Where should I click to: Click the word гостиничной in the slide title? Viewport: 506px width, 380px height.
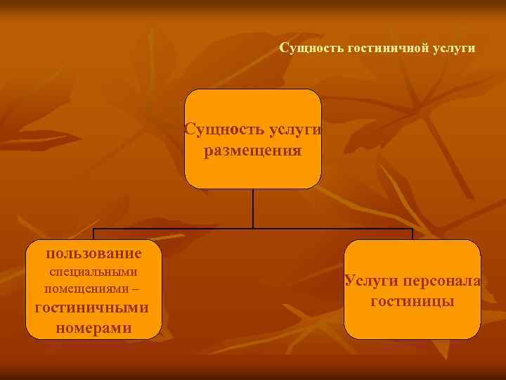(388, 49)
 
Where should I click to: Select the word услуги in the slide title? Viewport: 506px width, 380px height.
(455, 49)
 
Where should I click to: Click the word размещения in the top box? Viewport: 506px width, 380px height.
(252, 151)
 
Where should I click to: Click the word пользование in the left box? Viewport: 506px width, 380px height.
(93, 253)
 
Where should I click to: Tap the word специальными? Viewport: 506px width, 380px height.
(93, 272)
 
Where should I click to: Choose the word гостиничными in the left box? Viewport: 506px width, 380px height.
(93, 308)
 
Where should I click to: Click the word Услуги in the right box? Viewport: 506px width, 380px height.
(371, 281)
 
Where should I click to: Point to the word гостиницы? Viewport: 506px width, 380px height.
(412, 301)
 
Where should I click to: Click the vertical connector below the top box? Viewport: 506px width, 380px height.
(253, 208)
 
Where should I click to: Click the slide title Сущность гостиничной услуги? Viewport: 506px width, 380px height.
(377, 49)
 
